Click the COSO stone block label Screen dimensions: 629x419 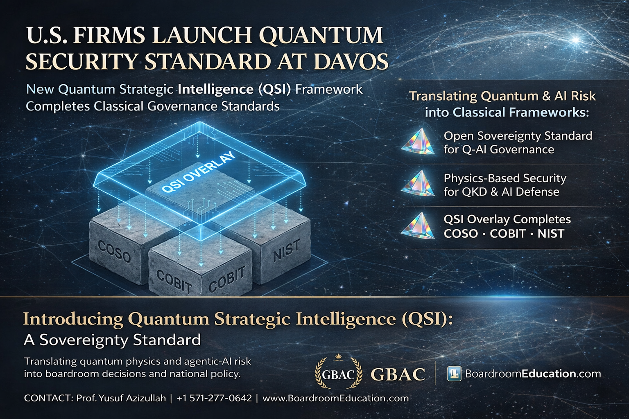(x=114, y=252)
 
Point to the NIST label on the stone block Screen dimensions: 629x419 (x=287, y=250)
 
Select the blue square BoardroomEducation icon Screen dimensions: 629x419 (x=454, y=374)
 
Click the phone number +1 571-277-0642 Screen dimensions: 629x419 (x=214, y=398)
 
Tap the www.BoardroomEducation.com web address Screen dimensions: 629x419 (x=335, y=398)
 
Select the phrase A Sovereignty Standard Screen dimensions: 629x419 (x=112, y=340)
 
